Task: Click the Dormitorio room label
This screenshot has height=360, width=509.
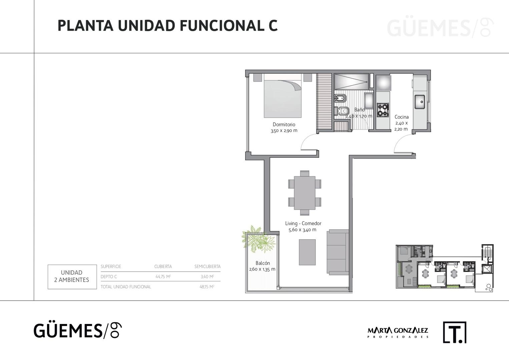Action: click(284, 124)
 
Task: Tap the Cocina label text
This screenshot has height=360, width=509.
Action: click(402, 117)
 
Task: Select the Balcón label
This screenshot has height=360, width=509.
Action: click(263, 263)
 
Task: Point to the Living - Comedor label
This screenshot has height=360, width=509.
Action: click(303, 223)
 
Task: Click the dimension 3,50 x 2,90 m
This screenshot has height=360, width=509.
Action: click(284, 131)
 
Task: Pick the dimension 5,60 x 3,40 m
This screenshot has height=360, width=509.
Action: click(303, 230)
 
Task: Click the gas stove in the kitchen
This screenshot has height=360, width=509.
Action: click(383, 110)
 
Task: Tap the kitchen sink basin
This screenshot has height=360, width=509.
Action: click(420, 102)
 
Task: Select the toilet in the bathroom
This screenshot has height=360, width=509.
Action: click(342, 111)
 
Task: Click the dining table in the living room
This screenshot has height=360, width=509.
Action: click(305, 193)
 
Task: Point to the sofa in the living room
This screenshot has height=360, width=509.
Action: click(338, 252)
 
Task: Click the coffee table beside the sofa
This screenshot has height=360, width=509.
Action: click(307, 252)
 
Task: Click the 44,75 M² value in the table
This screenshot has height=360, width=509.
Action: click(163, 277)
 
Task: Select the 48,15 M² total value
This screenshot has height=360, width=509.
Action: click(207, 287)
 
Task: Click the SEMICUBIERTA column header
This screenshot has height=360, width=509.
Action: click(207, 266)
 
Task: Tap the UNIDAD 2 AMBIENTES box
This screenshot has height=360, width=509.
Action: click(72, 277)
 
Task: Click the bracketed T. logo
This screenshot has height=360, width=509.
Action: click(454, 332)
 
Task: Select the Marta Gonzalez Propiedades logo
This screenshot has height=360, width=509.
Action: click(398, 333)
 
